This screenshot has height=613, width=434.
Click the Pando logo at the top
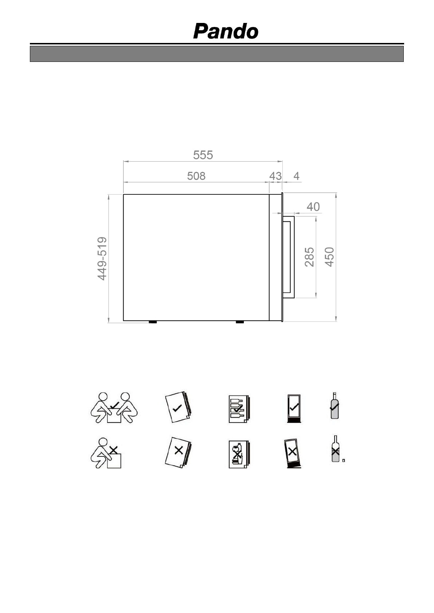click(226, 31)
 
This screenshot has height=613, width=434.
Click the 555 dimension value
click(203, 155)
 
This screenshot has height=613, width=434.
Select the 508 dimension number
click(196, 176)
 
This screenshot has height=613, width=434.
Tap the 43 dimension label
click(275, 176)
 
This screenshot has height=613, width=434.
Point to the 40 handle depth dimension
click(313, 207)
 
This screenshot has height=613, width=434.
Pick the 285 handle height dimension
click(309, 257)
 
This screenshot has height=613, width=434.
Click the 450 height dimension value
click(329, 257)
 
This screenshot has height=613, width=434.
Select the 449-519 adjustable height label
click(102, 258)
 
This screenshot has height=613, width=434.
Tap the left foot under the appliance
click(153, 322)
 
